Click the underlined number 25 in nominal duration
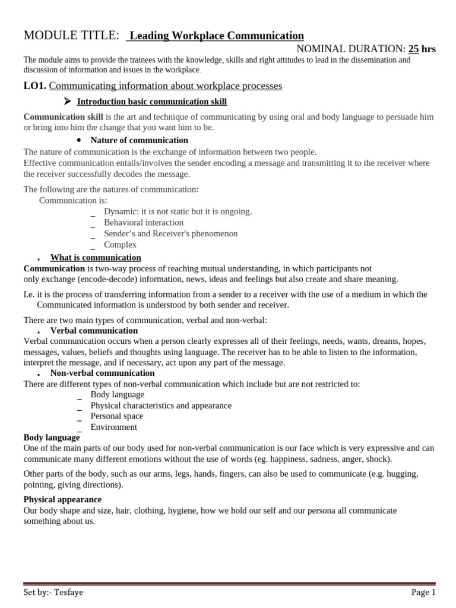pos(414,49)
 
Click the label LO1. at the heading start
pos(34,86)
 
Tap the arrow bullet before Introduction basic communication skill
pos(68,102)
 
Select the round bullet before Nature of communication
pos(79,140)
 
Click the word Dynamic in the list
pos(120,211)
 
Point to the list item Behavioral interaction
pos(143,223)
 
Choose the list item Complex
pos(120,245)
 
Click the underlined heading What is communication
pos(96,258)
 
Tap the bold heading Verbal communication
pos(94,331)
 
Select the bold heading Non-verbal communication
pos(102,373)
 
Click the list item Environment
pos(113,427)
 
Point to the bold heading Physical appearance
pos(62,500)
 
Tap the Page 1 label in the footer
pos(423,592)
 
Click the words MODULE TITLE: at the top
pos(71,36)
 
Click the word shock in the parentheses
pos(378,460)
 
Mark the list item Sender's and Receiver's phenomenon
pos(170,234)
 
